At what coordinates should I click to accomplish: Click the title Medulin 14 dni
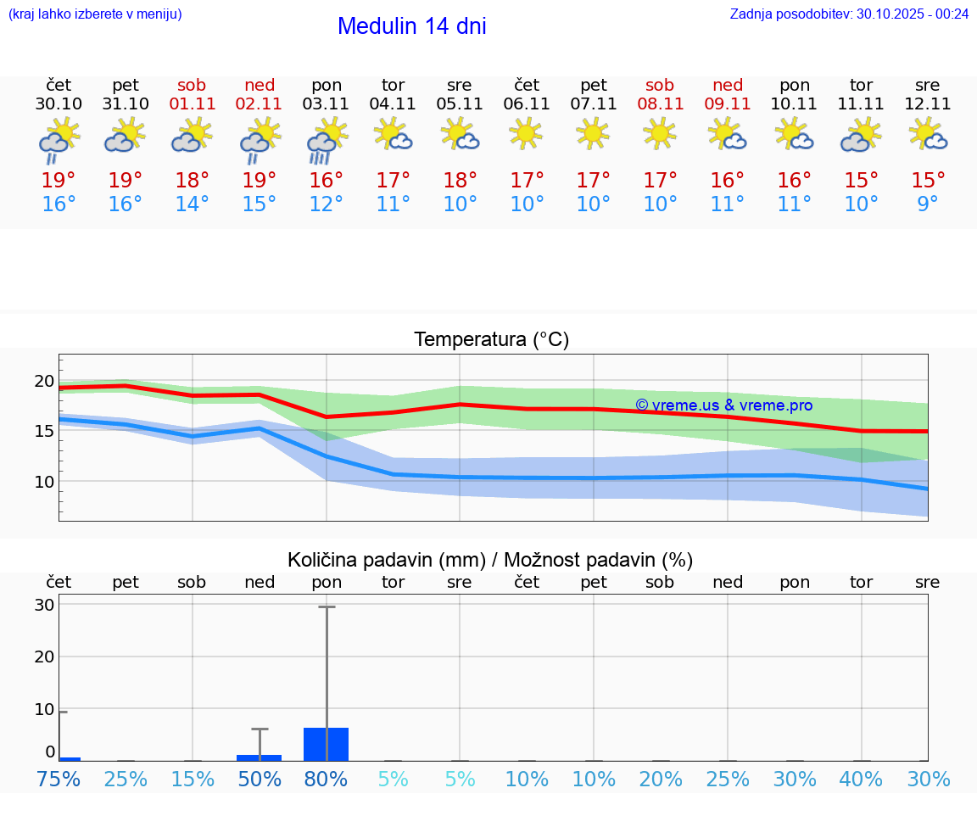pos(411,26)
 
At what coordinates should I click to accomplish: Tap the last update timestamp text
pos(849,14)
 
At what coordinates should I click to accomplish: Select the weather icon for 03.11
pos(327,140)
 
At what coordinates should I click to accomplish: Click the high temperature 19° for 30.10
pos(59,181)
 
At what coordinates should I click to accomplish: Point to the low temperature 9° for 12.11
pos(928,204)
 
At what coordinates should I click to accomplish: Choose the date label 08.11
pos(660,104)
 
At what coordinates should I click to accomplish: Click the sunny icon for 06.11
pos(527,133)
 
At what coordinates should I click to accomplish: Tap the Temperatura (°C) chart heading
pos(491,340)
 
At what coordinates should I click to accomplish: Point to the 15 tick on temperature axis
pos(44,431)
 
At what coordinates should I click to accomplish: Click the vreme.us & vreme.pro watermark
pos(723,405)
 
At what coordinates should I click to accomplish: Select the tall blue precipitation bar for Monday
pos(327,744)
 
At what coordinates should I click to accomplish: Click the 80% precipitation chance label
pos(327,779)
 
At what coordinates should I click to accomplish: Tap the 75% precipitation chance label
pos(59,779)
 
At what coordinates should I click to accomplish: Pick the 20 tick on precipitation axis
pos(44,657)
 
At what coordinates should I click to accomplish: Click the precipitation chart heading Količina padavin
pos(490,560)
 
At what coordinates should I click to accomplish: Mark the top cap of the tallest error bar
pos(327,606)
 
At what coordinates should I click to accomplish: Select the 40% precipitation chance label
pos(862,779)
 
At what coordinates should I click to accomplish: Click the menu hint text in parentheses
pos(95,14)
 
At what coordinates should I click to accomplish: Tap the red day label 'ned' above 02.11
pos(260,85)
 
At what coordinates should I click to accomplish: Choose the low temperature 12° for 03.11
pos(327,204)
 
